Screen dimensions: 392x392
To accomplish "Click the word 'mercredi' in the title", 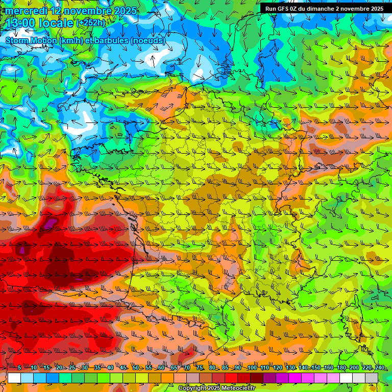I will click(x=26, y=10).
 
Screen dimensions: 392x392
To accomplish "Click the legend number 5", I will click(x=19, y=367).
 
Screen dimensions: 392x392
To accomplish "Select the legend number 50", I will click(x=135, y=367).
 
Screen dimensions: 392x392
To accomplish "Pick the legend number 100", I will click(x=252, y=367).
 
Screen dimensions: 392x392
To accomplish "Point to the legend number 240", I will click(x=380, y=367).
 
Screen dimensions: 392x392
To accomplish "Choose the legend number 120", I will click(x=278, y=367).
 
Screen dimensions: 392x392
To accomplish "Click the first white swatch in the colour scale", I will click(x=14, y=377).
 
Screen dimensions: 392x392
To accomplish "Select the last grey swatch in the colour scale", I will click(x=372, y=377).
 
